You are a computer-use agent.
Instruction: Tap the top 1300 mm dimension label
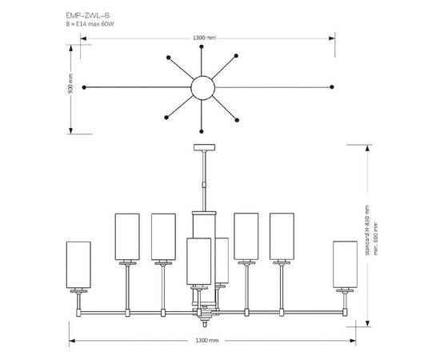(205, 38)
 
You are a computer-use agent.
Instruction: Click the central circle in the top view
(202, 86)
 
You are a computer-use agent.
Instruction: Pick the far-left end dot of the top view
(84, 86)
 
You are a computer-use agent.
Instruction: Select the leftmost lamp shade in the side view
(78, 265)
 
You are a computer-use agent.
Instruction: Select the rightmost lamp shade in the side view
(345, 265)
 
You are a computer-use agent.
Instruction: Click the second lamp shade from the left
(127, 237)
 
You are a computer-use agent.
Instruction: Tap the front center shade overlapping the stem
(198, 262)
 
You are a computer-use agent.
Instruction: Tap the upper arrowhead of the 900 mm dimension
(71, 45)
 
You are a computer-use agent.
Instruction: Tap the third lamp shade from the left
(164, 237)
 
